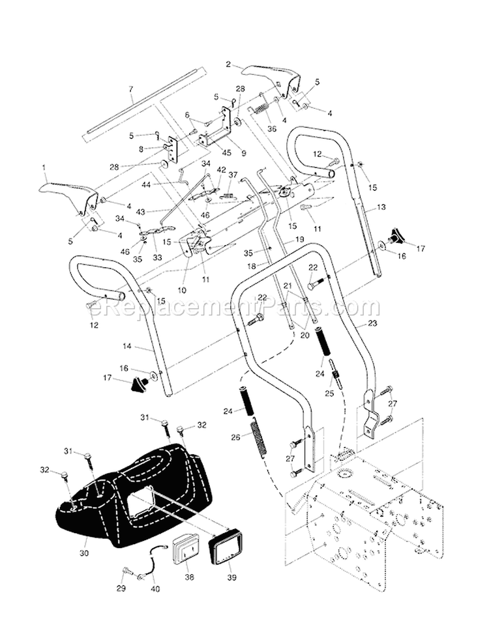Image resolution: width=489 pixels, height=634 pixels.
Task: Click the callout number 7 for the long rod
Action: click(131, 89)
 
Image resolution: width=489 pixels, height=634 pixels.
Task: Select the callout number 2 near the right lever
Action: click(228, 64)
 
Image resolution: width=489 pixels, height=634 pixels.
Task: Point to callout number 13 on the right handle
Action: click(382, 207)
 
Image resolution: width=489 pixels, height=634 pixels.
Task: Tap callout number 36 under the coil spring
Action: click(272, 128)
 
